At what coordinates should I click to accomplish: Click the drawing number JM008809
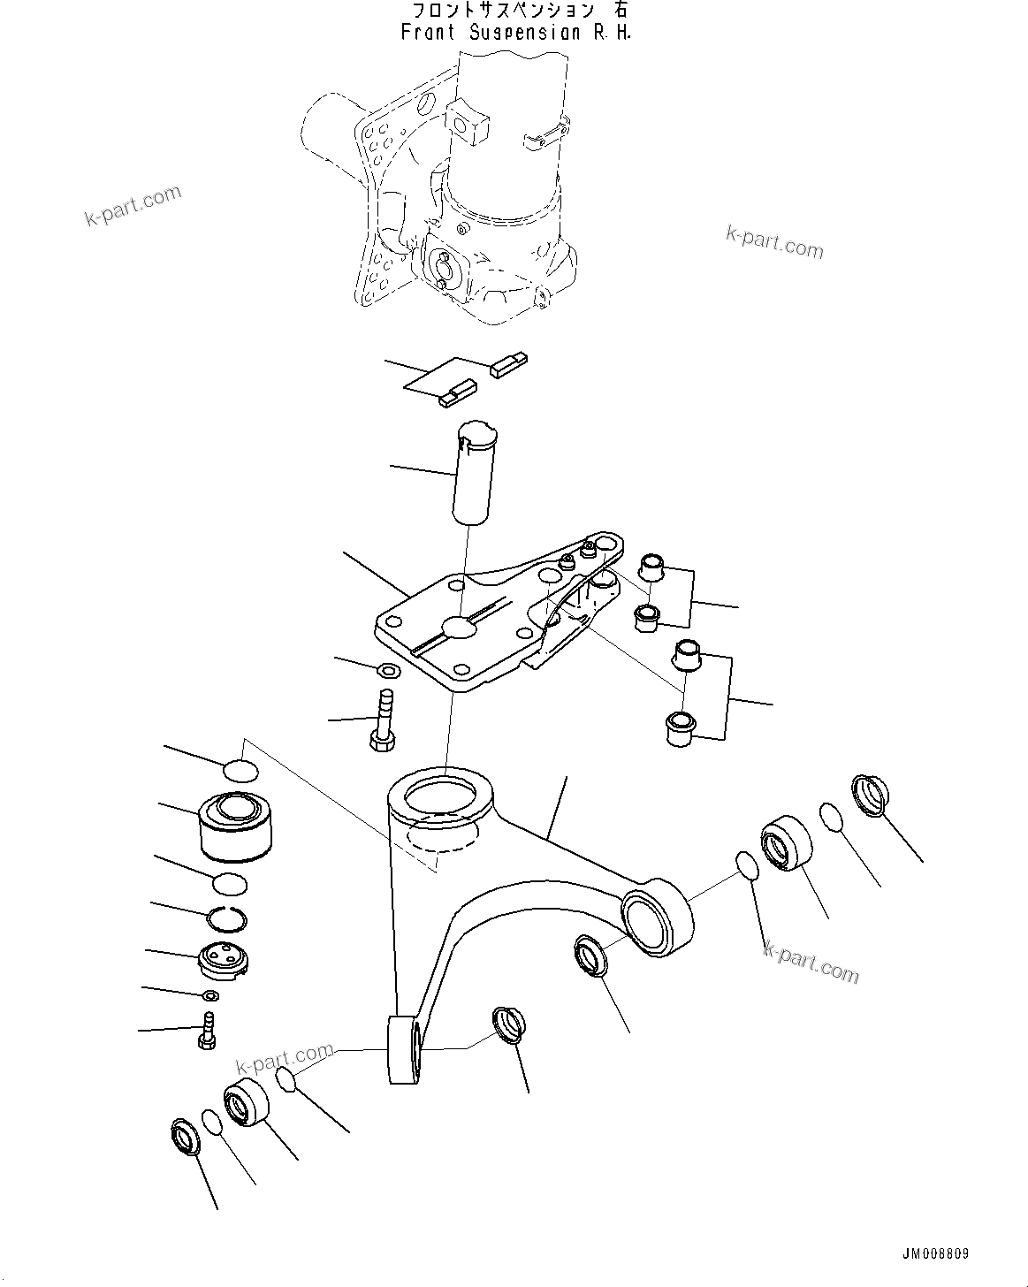point(935,1254)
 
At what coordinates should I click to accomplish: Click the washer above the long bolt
point(386,670)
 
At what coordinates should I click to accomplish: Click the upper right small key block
point(510,365)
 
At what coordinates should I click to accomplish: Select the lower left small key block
point(456,392)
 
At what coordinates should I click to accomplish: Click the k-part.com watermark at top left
point(133,206)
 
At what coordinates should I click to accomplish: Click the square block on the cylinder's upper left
point(468,121)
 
